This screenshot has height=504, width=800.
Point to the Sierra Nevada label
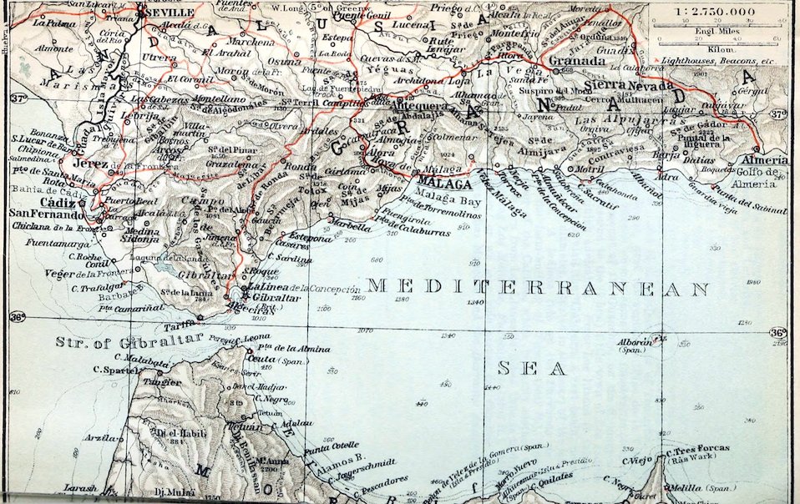pyautogui.click(x=628, y=85)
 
